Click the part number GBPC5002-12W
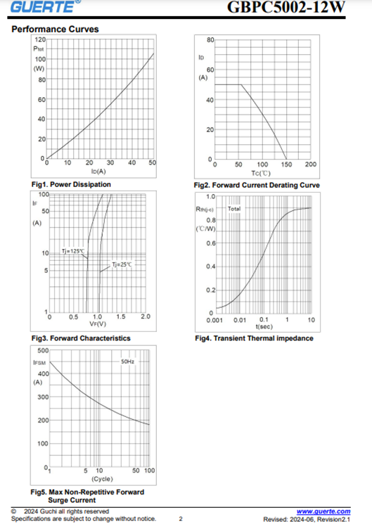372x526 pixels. coord(286,7)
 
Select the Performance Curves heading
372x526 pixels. coord(55,30)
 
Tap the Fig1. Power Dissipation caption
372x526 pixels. coord(71,184)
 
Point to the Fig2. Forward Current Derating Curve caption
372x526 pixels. coord(257,185)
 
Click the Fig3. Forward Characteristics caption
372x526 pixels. coord(81,338)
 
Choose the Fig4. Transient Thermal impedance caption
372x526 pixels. coord(254,338)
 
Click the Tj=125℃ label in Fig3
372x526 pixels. coord(73,251)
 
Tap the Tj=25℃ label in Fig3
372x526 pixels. coord(122,264)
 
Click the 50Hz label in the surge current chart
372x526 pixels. coord(127,361)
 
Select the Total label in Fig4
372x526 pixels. coord(234,209)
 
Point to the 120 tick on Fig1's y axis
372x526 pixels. coord(40,39)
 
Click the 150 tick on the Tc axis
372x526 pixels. coord(286,165)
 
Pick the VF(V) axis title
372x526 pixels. coord(98,324)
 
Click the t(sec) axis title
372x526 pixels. coord(264,326)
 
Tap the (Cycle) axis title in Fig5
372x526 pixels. coord(102,479)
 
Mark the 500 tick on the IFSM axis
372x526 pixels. coord(44,351)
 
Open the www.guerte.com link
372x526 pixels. coord(323,511)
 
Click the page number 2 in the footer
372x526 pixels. coord(181,519)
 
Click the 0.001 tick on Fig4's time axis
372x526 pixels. coord(214,320)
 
